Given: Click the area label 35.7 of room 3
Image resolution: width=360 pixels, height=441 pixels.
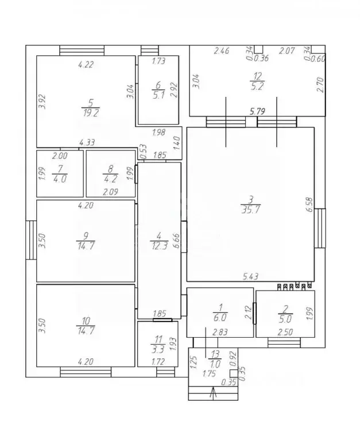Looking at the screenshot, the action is click(x=250, y=210).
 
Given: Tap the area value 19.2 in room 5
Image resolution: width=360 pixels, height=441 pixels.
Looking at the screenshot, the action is click(x=91, y=113).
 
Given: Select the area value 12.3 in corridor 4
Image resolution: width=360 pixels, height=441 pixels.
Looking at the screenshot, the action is click(x=160, y=246).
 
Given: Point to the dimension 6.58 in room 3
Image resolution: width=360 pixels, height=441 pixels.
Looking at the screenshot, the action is click(x=309, y=204).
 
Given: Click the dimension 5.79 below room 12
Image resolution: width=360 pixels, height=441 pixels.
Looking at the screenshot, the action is click(x=257, y=111).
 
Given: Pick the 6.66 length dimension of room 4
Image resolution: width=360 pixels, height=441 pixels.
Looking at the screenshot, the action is click(x=177, y=241).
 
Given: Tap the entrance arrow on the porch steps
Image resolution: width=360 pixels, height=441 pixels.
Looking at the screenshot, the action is click(x=213, y=392).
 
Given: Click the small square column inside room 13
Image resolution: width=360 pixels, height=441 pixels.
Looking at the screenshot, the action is click(x=234, y=373).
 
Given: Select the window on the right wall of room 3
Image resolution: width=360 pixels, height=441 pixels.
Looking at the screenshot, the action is click(x=320, y=228).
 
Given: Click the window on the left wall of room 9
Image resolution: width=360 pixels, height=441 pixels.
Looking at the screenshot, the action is click(x=31, y=240).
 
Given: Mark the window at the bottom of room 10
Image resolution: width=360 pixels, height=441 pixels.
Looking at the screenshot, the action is click(x=86, y=372).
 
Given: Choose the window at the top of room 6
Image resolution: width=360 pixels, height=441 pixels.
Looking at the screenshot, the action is click(x=150, y=51).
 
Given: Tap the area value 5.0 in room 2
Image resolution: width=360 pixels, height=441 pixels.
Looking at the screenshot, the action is click(x=285, y=319).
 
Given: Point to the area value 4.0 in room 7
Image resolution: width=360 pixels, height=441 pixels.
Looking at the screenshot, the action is click(x=60, y=179).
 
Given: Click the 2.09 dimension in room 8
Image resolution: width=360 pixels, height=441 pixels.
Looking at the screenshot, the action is click(x=110, y=192).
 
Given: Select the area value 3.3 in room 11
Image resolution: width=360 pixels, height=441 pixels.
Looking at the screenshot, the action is click(x=158, y=349).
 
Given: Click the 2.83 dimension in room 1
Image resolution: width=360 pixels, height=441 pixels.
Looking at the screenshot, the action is click(x=220, y=332).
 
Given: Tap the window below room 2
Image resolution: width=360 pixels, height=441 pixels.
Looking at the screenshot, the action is click(x=284, y=343).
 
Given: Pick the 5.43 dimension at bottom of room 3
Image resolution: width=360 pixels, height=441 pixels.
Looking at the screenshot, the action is click(x=250, y=276).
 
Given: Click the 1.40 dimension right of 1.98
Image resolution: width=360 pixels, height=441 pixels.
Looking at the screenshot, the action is click(x=177, y=143).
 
